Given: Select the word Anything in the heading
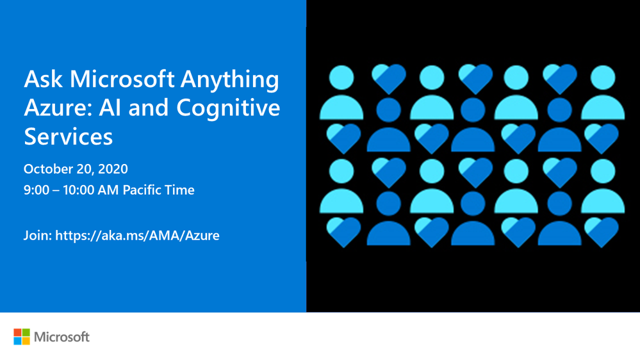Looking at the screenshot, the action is point(230,81).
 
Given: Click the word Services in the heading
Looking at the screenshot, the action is point(68,136).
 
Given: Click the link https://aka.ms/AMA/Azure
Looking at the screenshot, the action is point(137,236).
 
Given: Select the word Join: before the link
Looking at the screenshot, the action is point(38,236).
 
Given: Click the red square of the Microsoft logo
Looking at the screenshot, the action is point(17,332).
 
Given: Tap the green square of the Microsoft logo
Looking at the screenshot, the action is point(26,332).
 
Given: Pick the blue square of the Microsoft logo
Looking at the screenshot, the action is point(17,341).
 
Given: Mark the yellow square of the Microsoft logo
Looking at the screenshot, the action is point(26,341).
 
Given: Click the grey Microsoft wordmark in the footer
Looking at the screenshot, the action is point(62,337).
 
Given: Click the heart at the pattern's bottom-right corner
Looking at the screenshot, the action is point(601,232).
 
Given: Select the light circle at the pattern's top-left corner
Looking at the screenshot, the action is point(341,78).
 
